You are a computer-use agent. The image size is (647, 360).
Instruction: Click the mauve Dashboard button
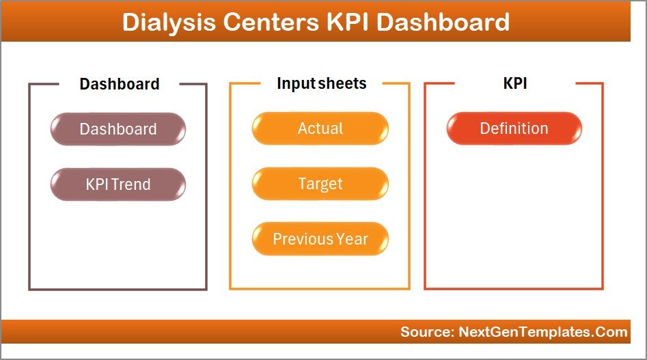(x=118, y=129)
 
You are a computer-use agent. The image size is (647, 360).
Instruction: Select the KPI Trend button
(x=118, y=184)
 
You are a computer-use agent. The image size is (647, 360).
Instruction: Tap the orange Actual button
(x=320, y=128)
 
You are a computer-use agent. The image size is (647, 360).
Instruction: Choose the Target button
(x=320, y=184)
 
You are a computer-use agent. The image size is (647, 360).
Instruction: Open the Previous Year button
(x=320, y=239)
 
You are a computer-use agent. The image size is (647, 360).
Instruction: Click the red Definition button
(x=514, y=128)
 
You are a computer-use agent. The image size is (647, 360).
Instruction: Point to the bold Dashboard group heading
(x=119, y=84)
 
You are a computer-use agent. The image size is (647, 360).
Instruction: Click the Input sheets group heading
(x=321, y=83)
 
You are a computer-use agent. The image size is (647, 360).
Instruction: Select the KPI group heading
(x=514, y=83)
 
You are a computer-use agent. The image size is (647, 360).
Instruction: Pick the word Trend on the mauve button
(x=136, y=184)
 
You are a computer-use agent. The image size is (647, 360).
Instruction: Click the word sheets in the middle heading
(x=342, y=83)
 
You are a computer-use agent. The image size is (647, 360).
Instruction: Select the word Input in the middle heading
(x=295, y=83)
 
